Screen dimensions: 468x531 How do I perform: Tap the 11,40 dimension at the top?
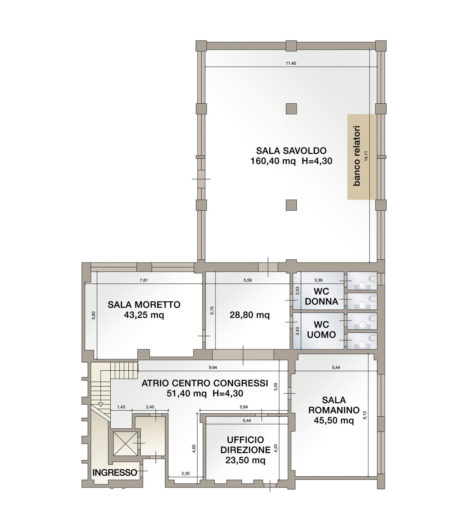point(291,63)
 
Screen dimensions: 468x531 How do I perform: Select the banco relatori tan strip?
point(362,157)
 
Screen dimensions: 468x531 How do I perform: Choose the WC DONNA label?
point(321,296)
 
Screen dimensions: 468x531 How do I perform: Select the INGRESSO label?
point(115,473)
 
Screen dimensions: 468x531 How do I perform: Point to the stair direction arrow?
point(101,404)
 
